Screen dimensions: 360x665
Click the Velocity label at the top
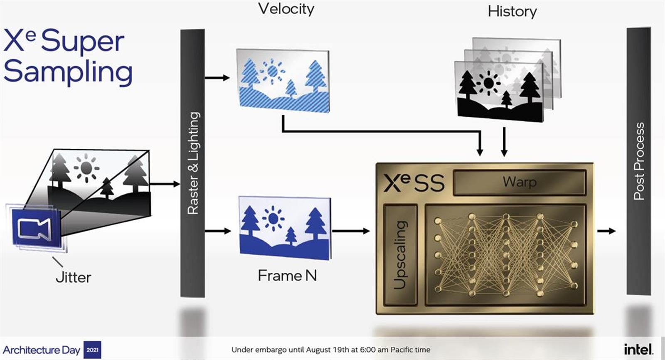286,9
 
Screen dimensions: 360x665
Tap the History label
512,11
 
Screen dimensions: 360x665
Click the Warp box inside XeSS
519,182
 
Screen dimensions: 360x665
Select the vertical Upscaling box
400,255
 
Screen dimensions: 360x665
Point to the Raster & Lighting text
193,163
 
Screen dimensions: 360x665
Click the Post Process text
639,161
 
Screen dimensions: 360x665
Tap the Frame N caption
287,275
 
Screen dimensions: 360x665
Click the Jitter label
73,277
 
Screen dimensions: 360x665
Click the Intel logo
638,349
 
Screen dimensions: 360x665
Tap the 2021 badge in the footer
92,350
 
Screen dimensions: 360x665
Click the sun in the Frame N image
273,218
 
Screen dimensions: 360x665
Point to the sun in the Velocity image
272,72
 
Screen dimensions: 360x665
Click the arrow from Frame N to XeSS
351,231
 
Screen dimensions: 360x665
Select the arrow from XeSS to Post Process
606,231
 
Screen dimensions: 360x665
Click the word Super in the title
83,42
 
